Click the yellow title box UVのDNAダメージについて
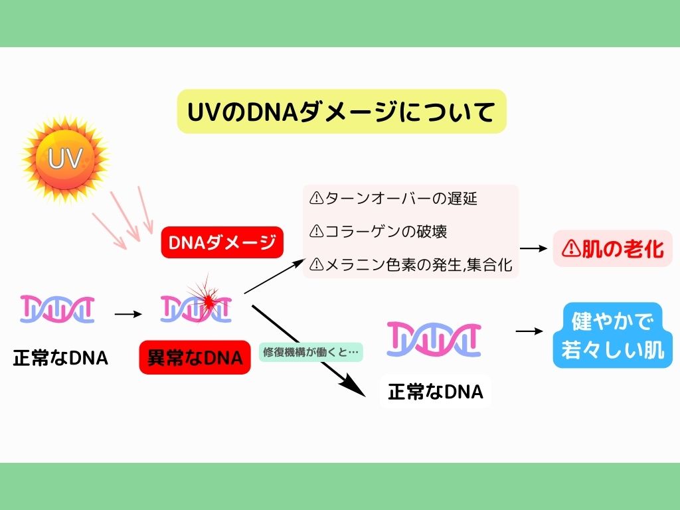pos(341,112)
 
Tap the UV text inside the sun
pos(64,158)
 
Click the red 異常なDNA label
pos(195,359)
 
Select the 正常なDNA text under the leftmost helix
pos(60,359)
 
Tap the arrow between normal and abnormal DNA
pos(128,311)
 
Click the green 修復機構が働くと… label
pos(311,352)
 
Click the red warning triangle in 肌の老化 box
pos(570,248)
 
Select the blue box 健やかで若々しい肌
pos(612,335)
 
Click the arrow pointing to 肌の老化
pos(534,248)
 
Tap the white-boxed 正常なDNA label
pos(435,392)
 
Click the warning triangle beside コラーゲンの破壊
pos(316,231)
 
